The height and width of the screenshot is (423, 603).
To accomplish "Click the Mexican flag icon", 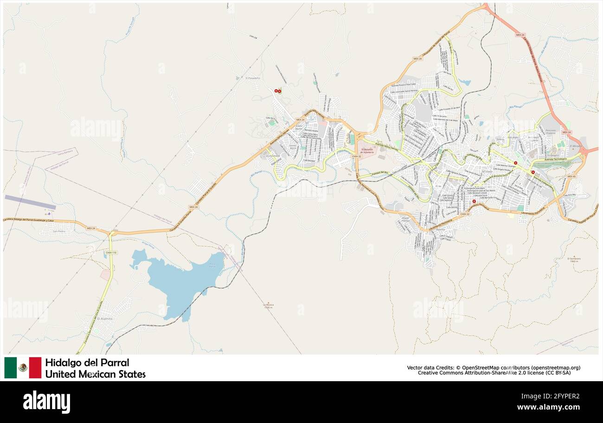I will pos(23,367).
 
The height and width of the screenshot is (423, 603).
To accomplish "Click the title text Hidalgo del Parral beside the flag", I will pos(87,362).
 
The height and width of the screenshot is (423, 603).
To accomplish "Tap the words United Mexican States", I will pos(95,374).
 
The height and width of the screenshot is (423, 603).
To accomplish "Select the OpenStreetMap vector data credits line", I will pos(494,367).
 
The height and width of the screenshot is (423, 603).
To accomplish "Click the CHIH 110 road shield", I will pos(111,252).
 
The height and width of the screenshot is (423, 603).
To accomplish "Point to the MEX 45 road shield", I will pos(571,176).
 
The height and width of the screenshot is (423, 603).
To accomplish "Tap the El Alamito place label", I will pos(104,319).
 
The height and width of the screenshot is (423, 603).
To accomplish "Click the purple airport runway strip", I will pos(30,202).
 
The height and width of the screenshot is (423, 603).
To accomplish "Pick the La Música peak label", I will pos(267,305).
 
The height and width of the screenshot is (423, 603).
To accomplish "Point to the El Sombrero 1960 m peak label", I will pos(574,260).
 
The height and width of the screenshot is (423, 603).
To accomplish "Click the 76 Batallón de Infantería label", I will pos(367,150).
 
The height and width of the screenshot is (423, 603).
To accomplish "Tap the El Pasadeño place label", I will pos(253,78).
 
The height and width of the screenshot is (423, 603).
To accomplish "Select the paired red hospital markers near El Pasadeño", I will pos(278,91).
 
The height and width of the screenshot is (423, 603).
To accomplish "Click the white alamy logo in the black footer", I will pos(47,402).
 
